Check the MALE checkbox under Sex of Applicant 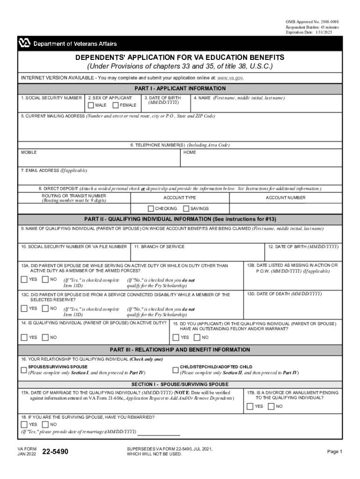[91, 105]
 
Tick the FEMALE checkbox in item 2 [115, 105]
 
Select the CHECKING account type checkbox [151, 209]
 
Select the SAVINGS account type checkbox [186, 209]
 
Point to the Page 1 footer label [335, 452]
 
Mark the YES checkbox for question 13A [24, 280]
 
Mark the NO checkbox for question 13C [45, 309]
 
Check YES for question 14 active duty [24, 337]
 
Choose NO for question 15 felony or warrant [197, 337]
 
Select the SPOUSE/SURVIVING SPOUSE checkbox [24, 370]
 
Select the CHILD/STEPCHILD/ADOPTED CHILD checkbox [176, 370]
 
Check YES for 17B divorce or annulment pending [250, 406]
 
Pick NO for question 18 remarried [45, 424]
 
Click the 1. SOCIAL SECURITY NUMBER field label [51, 98]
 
